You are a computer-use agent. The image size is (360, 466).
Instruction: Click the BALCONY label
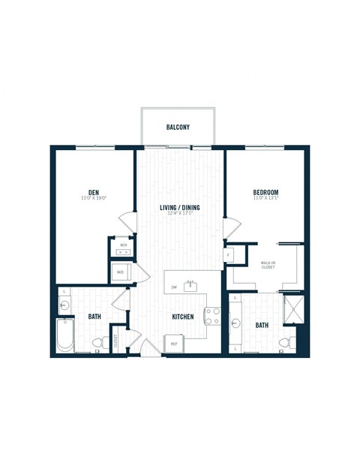(x=178, y=128)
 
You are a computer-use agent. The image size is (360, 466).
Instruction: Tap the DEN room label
(x=94, y=191)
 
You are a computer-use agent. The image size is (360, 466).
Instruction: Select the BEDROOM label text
(x=265, y=192)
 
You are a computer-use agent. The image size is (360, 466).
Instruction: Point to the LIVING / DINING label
(x=181, y=207)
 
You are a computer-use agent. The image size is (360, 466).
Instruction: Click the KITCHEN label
(x=183, y=317)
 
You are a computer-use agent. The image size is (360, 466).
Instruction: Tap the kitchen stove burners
(x=212, y=315)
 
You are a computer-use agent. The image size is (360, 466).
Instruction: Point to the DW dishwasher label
(x=173, y=287)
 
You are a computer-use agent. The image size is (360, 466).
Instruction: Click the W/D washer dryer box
(x=121, y=272)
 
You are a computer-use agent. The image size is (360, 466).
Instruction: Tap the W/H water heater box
(x=123, y=245)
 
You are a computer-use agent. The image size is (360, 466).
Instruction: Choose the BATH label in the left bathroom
(x=94, y=317)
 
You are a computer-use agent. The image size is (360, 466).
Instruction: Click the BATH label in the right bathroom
(x=262, y=325)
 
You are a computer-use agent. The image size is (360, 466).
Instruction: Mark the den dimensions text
(x=94, y=198)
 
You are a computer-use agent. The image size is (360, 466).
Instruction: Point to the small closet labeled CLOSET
(x=117, y=341)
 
